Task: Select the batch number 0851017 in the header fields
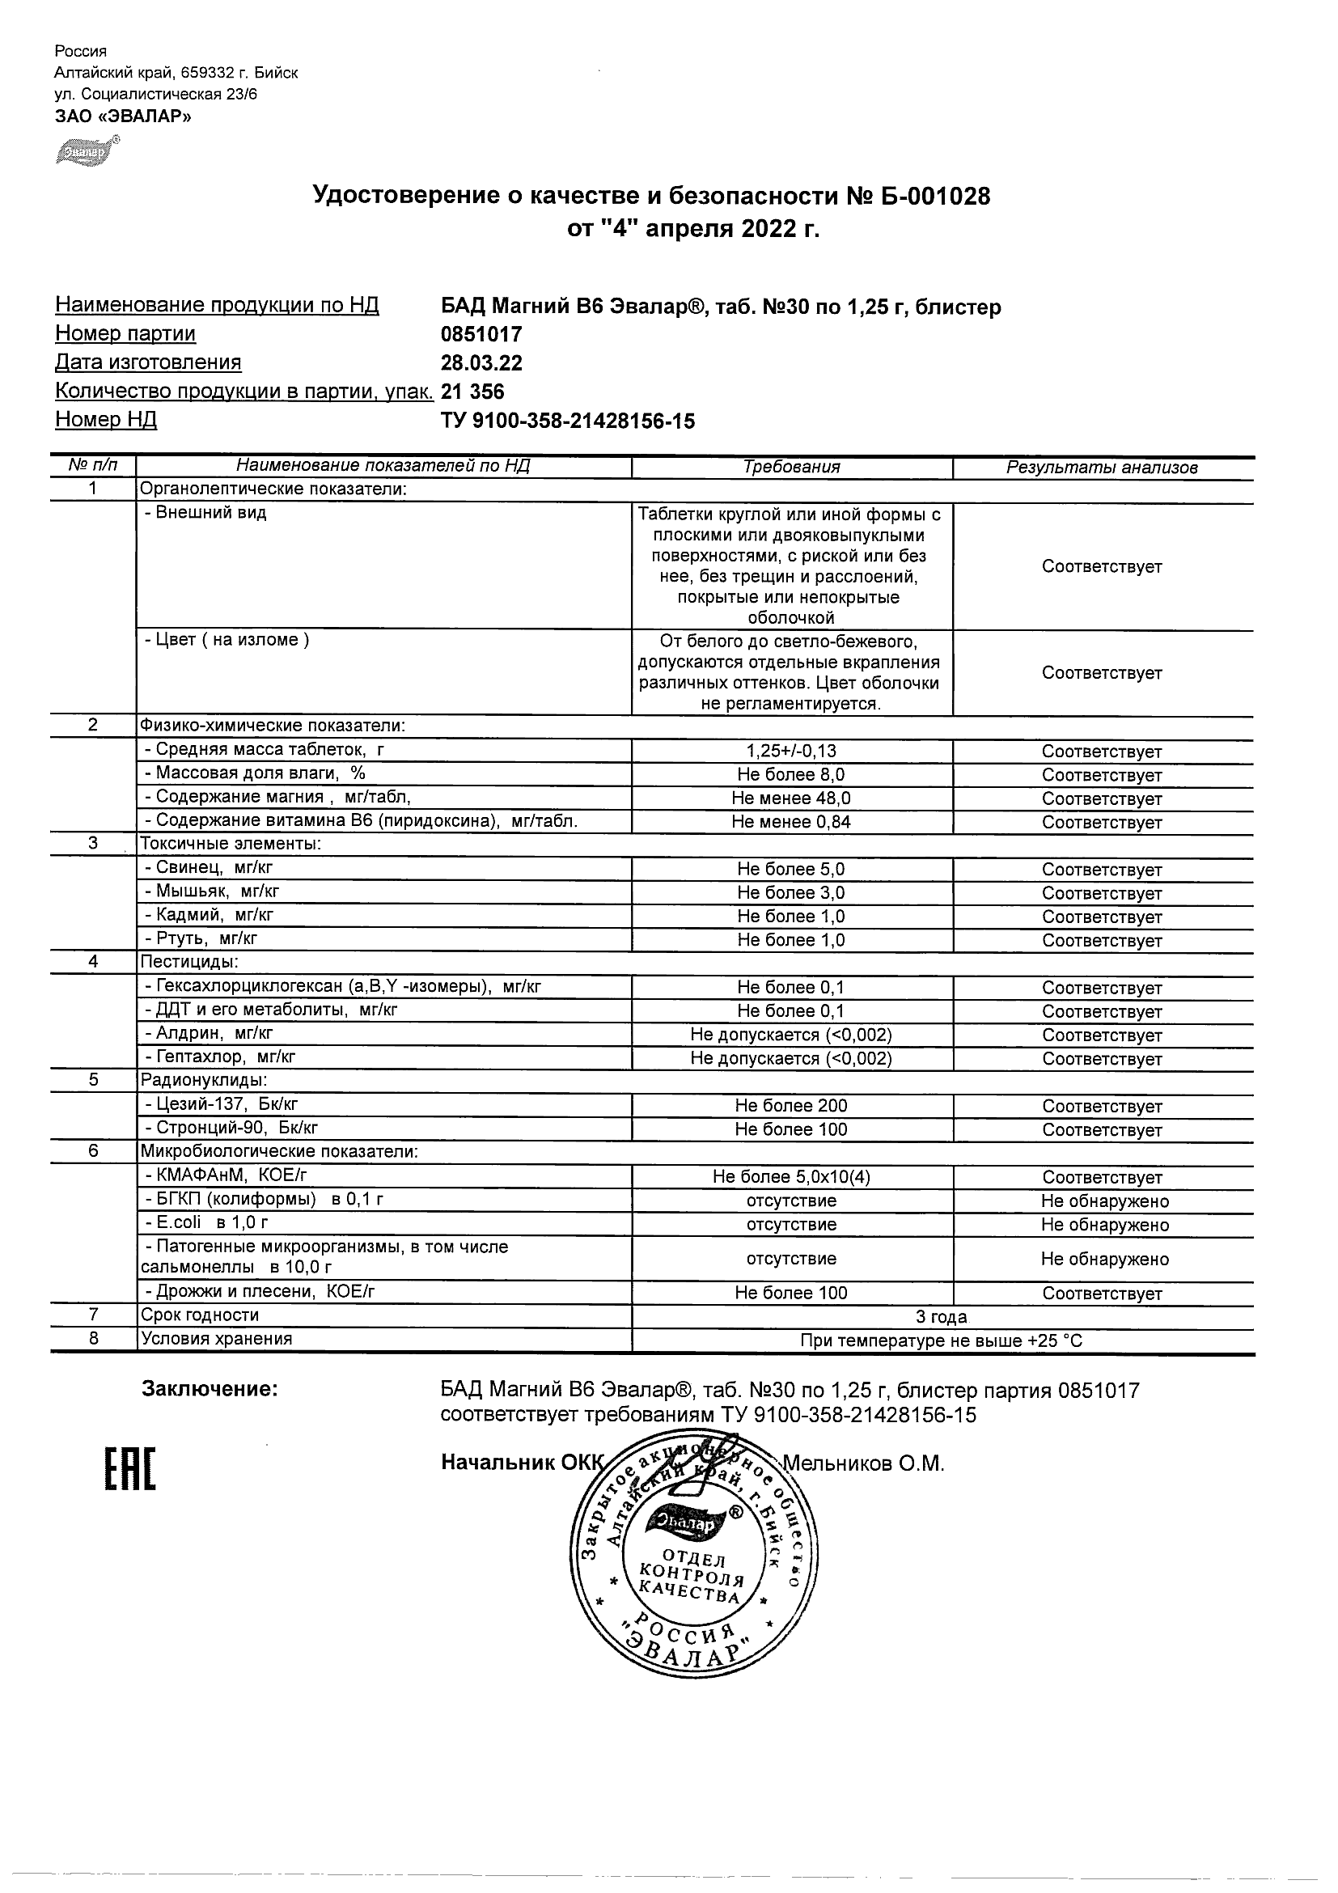tap(481, 335)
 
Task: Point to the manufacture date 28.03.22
tap(481, 363)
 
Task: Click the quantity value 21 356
tap(473, 392)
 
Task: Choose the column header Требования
tap(791, 468)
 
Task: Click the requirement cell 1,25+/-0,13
tap(791, 751)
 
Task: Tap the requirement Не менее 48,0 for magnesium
tap(791, 798)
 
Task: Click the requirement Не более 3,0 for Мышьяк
tap(791, 893)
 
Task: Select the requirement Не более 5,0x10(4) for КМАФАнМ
tap(791, 1177)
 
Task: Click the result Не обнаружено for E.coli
tap(1104, 1225)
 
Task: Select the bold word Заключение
tap(210, 1389)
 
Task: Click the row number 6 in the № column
tap(93, 1151)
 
